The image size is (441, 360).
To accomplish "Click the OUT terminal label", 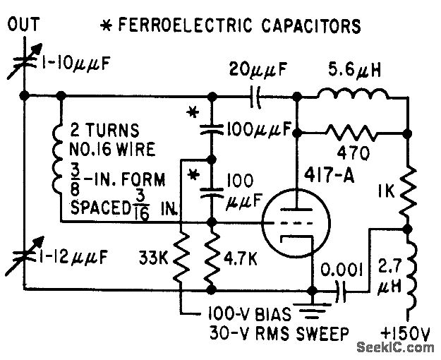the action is (x=23, y=24).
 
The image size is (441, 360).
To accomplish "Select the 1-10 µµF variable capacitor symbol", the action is (x=25, y=62).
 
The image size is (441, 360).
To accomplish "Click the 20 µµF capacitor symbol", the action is (x=255, y=97).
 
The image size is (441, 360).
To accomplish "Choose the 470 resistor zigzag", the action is (x=351, y=133).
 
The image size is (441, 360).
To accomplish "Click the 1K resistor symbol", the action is (x=408, y=195).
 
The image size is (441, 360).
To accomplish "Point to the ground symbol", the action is (x=312, y=308).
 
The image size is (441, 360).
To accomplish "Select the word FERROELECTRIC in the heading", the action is (x=186, y=25).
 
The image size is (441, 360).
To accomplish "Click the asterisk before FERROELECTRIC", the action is (x=107, y=26).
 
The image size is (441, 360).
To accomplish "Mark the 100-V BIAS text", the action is (x=249, y=314).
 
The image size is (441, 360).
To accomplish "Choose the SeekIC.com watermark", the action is (x=395, y=347).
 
